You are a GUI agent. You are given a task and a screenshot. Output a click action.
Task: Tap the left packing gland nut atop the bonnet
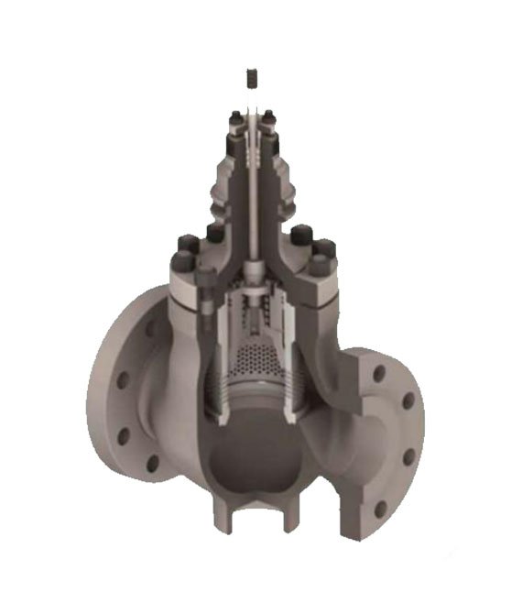tap(235, 117)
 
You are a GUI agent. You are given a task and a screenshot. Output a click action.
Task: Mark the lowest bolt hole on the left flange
tap(152, 464)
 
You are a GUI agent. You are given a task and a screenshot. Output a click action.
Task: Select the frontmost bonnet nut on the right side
tap(320, 265)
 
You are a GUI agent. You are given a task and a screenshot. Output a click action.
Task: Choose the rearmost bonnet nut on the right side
tap(300, 235)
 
